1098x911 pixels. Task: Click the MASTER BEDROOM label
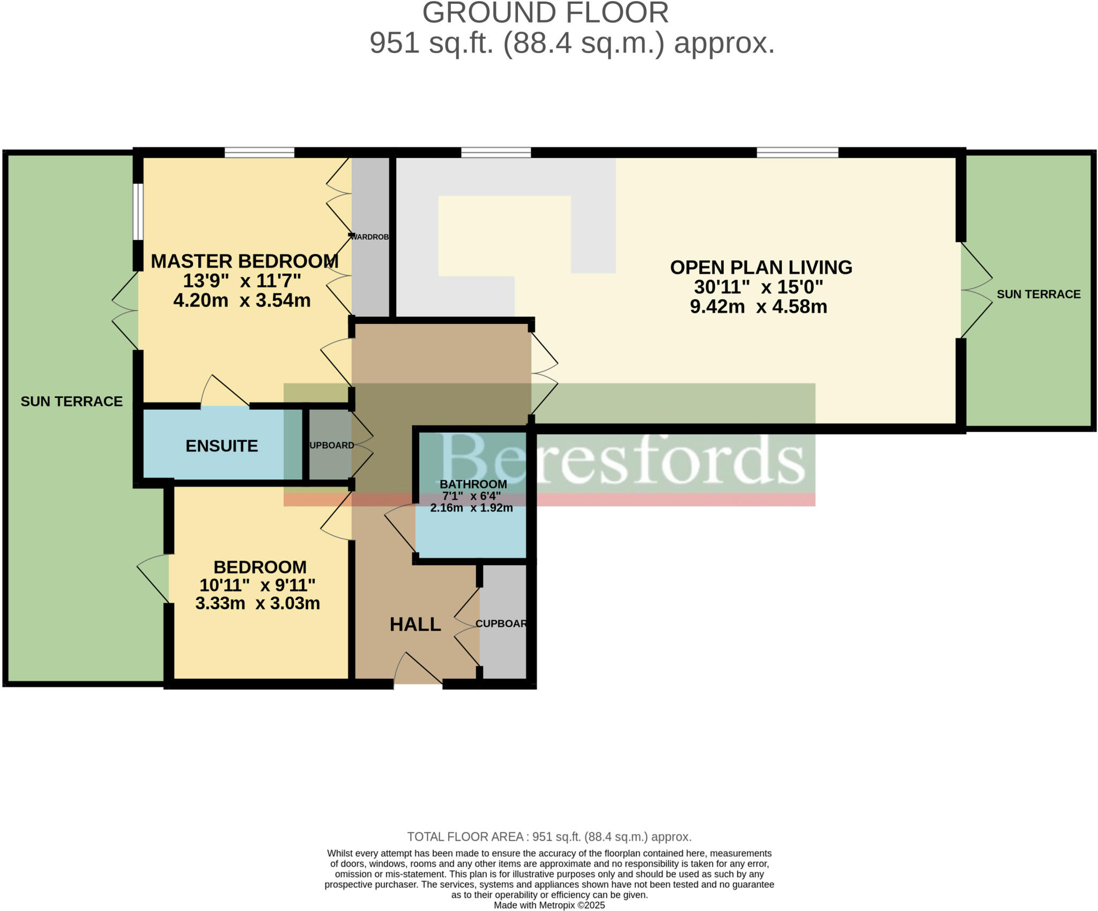tap(244, 261)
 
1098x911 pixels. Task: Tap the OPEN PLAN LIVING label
tap(761, 267)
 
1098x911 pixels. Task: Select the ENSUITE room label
tap(221, 446)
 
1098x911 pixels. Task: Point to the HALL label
tap(415, 624)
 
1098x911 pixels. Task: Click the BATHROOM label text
tap(473, 484)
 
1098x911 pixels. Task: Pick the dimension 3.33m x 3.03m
tap(257, 603)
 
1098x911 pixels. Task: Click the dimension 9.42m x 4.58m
tap(758, 307)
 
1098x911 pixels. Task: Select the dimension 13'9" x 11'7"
tap(242, 280)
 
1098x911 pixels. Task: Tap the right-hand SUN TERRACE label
tap(1038, 294)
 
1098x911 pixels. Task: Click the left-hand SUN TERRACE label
tap(71, 401)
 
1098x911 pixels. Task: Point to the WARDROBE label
tap(369, 236)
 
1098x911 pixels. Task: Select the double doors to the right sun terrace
tap(974, 291)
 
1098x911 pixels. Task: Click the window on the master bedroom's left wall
tap(138, 212)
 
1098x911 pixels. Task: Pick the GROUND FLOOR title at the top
tap(545, 13)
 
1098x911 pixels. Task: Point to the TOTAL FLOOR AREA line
tap(549, 836)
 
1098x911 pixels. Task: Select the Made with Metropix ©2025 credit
tap(549, 905)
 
